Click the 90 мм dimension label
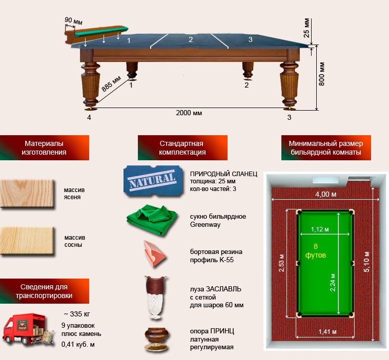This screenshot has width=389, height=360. click(73, 21)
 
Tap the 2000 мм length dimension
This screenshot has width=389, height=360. click(189, 113)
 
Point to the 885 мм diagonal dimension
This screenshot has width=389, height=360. click(111, 83)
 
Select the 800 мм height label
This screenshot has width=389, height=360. click(321, 74)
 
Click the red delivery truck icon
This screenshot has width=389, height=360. click(28, 330)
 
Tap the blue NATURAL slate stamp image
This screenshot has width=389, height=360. click(153, 181)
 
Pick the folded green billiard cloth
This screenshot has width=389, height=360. click(152, 220)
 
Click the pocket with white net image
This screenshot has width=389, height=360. click(156, 298)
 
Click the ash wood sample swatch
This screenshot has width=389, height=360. click(27, 194)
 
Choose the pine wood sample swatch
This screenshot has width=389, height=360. click(27, 241)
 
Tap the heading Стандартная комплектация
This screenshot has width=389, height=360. click(182, 148)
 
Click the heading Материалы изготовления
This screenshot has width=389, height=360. click(44, 148)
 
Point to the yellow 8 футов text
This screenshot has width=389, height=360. click(315, 250)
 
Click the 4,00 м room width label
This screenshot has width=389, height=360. click(326, 194)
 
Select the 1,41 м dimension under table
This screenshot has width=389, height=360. click(327, 331)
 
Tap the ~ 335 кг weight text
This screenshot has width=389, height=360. click(77, 314)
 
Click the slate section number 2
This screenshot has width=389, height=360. click(191, 39)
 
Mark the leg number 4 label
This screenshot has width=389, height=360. click(89, 117)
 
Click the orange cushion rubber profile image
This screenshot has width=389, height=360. click(154, 253)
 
